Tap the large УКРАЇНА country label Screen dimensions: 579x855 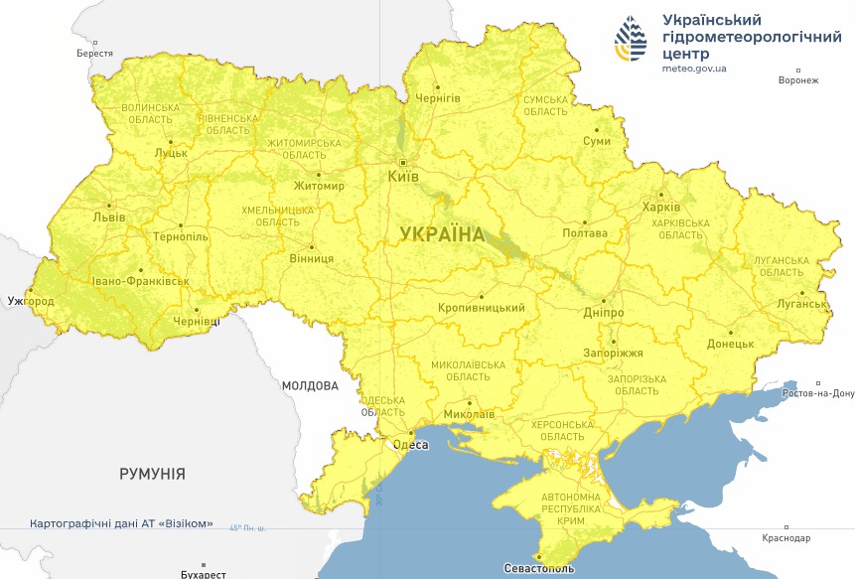click(x=442, y=234)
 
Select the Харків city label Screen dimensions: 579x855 click(x=661, y=208)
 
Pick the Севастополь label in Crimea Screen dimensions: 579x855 click(x=540, y=569)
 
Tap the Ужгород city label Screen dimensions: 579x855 click(x=29, y=300)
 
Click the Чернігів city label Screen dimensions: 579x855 click(x=437, y=98)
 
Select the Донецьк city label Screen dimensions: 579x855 click(x=730, y=344)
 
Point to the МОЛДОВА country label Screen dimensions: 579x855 click(x=310, y=385)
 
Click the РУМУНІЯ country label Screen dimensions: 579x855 click(x=152, y=474)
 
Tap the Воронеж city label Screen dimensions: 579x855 click(x=798, y=80)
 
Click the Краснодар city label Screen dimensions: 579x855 click(x=786, y=538)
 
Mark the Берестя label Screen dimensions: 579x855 click(x=95, y=54)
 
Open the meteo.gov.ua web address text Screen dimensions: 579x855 click(x=694, y=69)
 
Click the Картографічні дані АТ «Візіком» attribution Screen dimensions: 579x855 click(x=121, y=523)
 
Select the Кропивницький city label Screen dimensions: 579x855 click(x=482, y=308)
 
